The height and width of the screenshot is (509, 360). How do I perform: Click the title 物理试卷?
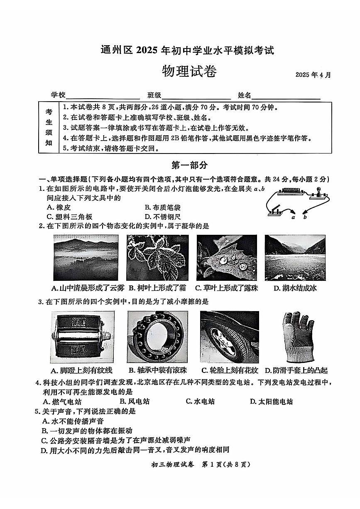click(x=189, y=72)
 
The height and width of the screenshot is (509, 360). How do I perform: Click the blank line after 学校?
click(x=103, y=95)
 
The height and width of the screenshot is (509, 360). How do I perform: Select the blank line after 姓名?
click(x=286, y=95)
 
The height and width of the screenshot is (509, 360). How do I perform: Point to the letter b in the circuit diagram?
click(x=305, y=217)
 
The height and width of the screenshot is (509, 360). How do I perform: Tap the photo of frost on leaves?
click(x=157, y=257)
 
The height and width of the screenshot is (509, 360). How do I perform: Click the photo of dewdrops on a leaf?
click(x=227, y=257)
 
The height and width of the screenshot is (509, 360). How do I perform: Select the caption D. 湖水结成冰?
click(x=295, y=287)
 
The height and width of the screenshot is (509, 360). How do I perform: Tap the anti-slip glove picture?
click(x=295, y=336)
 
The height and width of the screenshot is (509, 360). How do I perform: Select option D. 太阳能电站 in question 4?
click(x=272, y=401)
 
